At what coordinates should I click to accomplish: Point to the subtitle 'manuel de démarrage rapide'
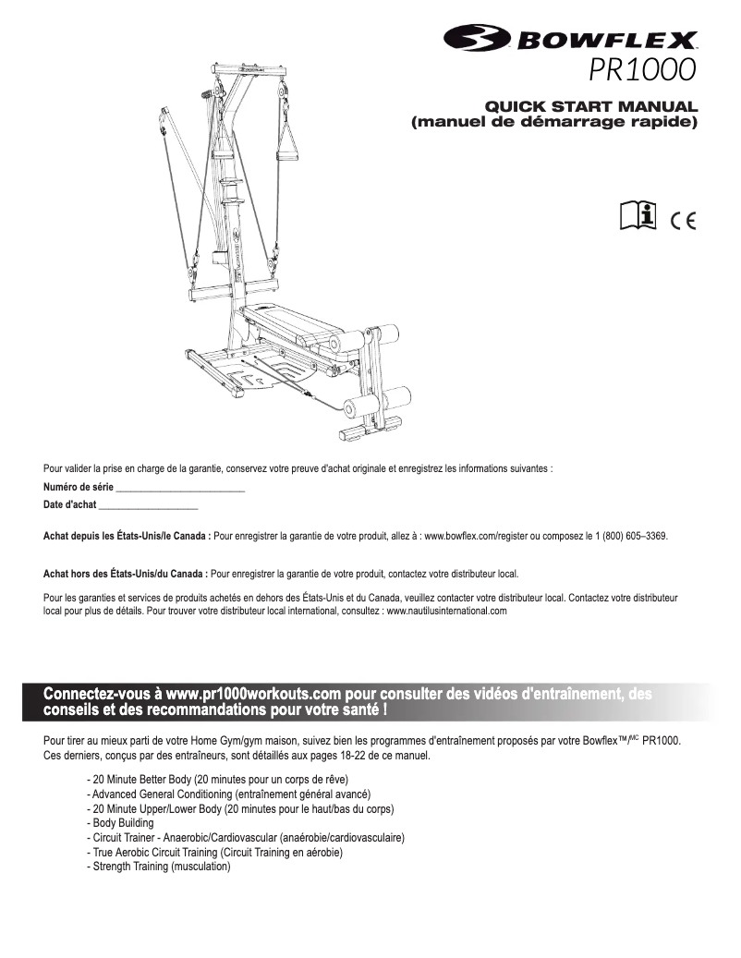pos(554,122)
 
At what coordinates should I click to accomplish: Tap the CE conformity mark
pos(686,219)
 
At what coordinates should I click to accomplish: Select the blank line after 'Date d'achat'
pos(148,505)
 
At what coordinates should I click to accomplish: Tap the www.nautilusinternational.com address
pos(446,611)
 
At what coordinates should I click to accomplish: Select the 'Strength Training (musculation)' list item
pos(159,867)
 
